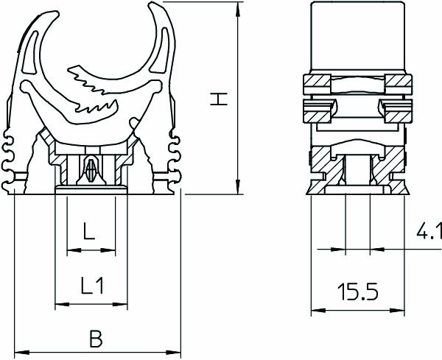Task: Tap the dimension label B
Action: pyautogui.click(x=96, y=339)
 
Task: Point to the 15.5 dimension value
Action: pyautogui.click(x=359, y=293)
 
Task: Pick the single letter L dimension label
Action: pyautogui.click(x=89, y=234)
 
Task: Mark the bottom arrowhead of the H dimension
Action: pyautogui.click(x=237, y=190)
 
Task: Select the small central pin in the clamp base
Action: pyautogui.click(x=92, y=172)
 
